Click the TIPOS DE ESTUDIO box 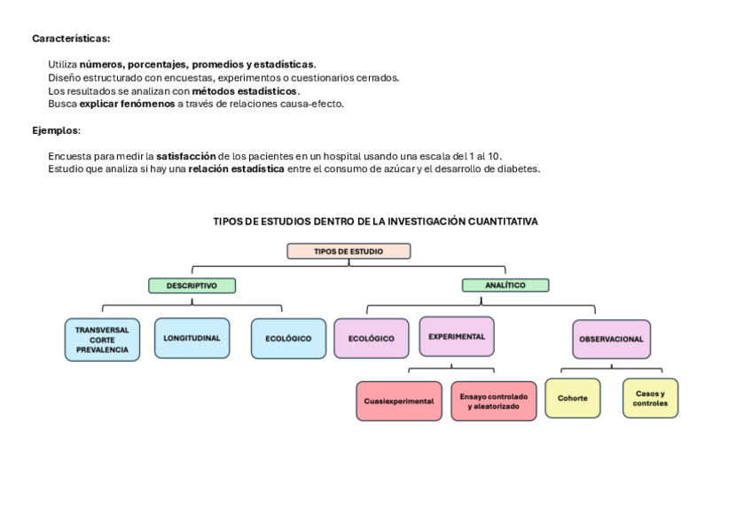coord(349,251)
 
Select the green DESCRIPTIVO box coord(192,285)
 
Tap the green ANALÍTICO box coord(505,285)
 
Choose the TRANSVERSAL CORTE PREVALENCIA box coord(102,340)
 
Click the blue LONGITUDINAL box coord(192,338)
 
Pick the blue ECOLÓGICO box coord(288,339)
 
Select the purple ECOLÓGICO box coord(371,339)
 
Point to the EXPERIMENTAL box coord(457,337)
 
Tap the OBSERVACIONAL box coord(611,339)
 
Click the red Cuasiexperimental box coord(399,401)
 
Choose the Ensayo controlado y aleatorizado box coord(493,401)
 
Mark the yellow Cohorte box coord(572,398)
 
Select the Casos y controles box coord(650,398)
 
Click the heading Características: coord(71,38)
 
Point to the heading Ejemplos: coord(56,130)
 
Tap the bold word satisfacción coord(186,156)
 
